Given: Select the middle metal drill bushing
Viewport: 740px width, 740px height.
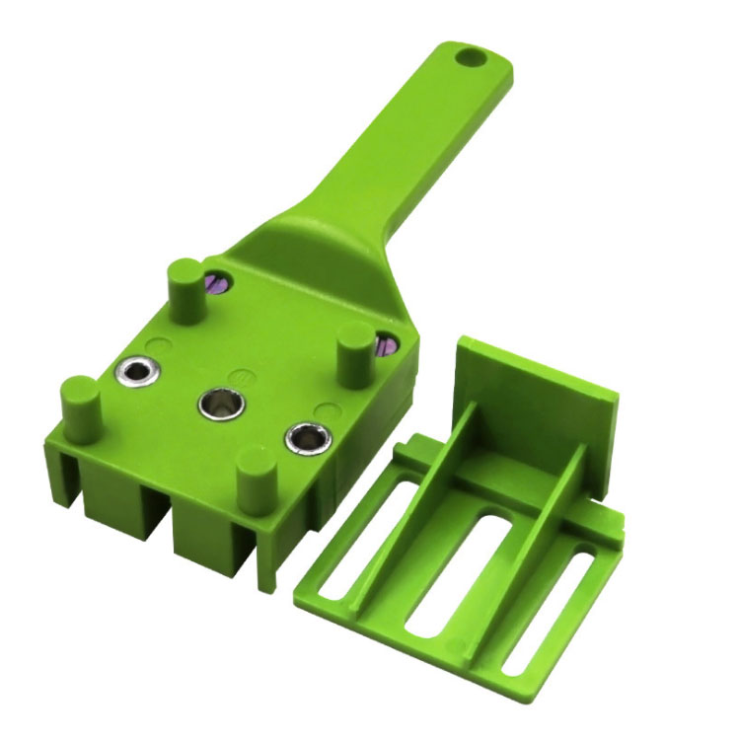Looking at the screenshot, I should tap(217, 402).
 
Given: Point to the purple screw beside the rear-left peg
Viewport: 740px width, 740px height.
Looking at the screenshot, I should tap(218, 283).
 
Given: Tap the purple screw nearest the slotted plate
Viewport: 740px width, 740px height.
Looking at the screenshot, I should tap(386, 344).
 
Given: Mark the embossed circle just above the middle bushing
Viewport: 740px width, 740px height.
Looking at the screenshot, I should tap(238, 376).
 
